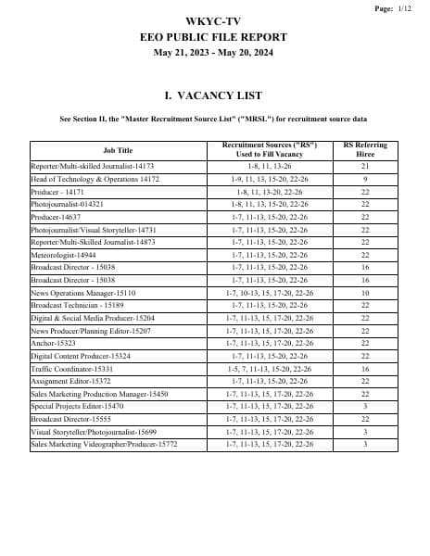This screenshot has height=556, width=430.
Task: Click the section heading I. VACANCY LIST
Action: point(212,95)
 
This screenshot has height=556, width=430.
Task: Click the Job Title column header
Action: point(118,150)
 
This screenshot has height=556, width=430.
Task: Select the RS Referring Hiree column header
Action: point(365,150)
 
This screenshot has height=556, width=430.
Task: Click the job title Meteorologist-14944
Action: point(64,254)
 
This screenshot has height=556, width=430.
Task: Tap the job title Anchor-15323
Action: point(54,343)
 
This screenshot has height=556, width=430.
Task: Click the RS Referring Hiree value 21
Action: point(365,166)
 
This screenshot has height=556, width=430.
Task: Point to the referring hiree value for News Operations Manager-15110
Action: point(365,292)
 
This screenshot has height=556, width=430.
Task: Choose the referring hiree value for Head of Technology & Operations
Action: point(365,178)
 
